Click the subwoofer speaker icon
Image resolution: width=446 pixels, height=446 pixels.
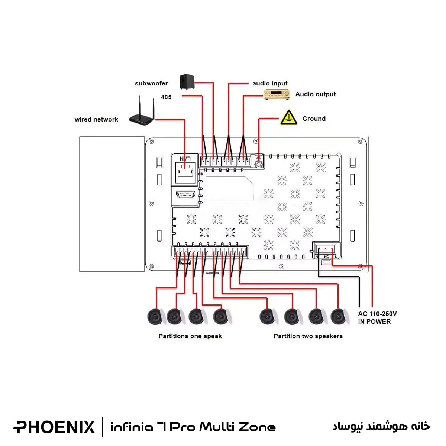(x=187, y=82)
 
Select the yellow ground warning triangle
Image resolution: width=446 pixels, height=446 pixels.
(x=288, y=117)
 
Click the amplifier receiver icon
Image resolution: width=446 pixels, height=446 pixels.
(x=277, y=94)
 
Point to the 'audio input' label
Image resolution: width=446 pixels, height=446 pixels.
(x=270, y=84)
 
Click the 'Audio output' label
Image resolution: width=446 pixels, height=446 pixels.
(x=315, y=94)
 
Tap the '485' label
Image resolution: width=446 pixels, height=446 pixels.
(x=166, y=97)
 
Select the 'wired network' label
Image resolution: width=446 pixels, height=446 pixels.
(x=96, y=120)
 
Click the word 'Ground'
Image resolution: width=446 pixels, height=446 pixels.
(x=314, y=119)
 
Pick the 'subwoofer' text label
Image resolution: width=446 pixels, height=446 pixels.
(x=151, y=84)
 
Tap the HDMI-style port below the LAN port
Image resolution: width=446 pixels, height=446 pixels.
(x=185, y=195)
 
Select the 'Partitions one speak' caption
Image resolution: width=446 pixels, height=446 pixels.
(x=190, y=336)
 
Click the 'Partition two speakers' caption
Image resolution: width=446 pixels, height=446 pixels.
(x=308, y=336)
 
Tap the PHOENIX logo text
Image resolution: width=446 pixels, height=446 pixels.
(x=54, y=427)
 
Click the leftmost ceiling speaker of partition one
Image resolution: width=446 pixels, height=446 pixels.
(x=156, y=317)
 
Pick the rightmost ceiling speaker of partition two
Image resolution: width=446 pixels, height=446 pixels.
(x=338, y=317)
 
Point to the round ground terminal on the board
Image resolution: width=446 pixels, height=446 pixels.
(x=259, y=163)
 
